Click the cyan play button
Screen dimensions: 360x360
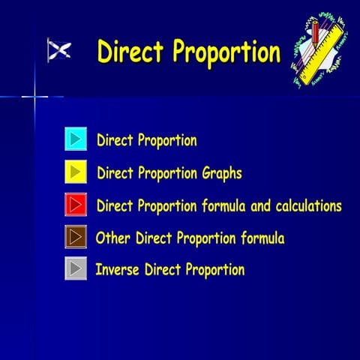(76, 139)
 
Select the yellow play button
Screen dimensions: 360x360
(76, 172)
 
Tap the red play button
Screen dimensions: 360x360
(76, 205)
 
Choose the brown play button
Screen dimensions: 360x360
(76, 237)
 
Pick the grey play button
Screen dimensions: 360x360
(76, 268)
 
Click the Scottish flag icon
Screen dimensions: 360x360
(59, 50)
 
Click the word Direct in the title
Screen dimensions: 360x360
(131, 52)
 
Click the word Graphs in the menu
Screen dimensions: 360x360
(222, 173)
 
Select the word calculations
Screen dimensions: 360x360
(303, 205)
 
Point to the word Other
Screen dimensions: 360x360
(113, 238)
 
